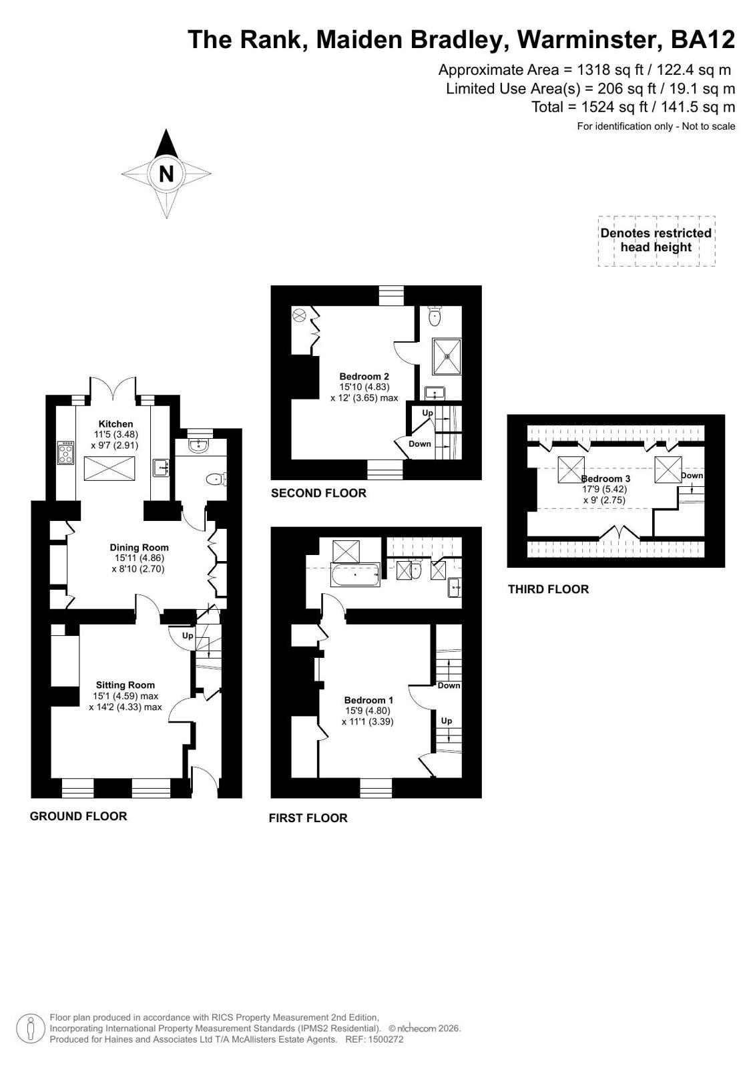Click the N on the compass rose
tap(166, 174)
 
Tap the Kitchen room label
tap(116, 424)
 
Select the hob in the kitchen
tap(66, 453)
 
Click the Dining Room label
tap(139, 547)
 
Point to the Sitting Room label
tap(125, 685)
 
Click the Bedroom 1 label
tap(369, 701)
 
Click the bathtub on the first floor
tap(355, 575)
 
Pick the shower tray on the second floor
tap(447, 357)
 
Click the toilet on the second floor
tap(435, 316)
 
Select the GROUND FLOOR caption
tap(79, 816)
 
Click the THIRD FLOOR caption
tap(549, 589)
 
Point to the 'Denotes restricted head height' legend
tap(656, 240)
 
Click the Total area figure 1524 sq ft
tap(614, 107)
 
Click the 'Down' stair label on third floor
tap(692, 476)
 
